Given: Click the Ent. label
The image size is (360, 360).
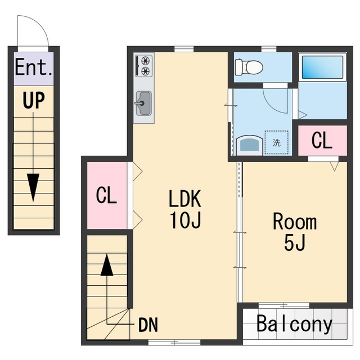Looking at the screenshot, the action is [x=34, y=67].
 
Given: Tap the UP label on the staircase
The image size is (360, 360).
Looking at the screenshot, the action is [x=34, y=100].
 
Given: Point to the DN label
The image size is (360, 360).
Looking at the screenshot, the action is [x=148, y=325].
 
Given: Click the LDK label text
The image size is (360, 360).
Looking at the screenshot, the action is [x=185, y=199].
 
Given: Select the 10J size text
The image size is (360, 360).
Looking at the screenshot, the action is [x=186, y=220].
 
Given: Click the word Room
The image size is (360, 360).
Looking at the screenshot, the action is [x=295, y=221].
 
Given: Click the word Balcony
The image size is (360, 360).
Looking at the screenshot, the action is [x=294, y=324].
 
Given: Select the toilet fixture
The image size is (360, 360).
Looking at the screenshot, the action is [x=249, y=67].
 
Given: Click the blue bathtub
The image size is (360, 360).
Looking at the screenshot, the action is [x=322, y=67].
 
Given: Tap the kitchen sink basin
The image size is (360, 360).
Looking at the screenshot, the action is [x=144, y=103].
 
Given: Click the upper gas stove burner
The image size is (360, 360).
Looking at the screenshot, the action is [x=145, y=61].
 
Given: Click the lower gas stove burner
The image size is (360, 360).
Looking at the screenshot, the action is [x=145, y=71].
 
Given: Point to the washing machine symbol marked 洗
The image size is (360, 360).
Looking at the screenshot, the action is [x=276, y=142].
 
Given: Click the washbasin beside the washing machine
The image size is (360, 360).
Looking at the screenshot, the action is [x=249, y=145].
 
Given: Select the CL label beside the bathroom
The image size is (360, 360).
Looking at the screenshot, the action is [x=322, y=140].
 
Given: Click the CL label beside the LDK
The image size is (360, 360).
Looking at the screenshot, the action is [x=106, y=195].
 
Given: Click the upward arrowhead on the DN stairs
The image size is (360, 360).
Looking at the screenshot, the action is [x=107, y=264].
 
